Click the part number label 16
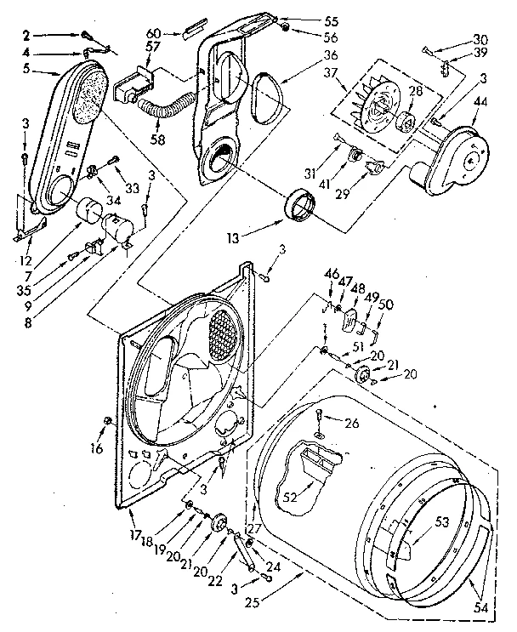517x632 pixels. point(98,448)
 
